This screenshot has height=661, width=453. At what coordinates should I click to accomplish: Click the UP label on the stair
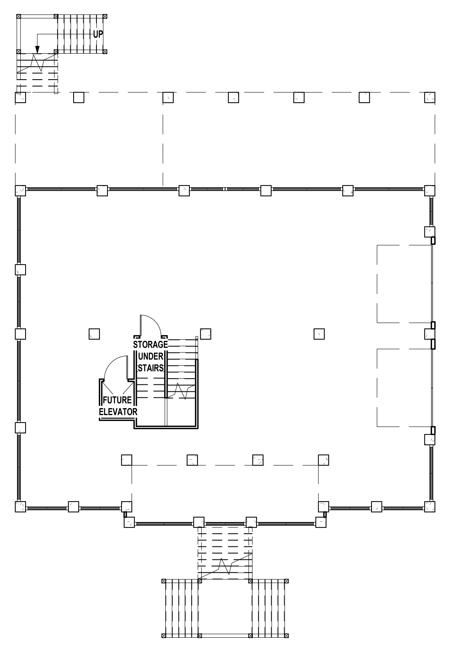pos(98,35)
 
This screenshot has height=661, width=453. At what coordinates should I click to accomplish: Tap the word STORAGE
pos(151,344)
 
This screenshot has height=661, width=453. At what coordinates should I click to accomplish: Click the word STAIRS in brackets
pos(151,368)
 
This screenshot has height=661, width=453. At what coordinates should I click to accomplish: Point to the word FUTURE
pos(117,400)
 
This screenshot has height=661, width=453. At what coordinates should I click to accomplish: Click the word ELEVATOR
pos(118,412)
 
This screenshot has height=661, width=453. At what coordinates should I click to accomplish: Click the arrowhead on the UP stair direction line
pos(37,50)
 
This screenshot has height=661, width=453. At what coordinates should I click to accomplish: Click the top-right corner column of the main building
pos(430,191)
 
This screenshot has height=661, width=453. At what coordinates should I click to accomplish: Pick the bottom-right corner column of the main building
pos(430,507)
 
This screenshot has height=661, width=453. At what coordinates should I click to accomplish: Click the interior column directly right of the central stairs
pos(206,334)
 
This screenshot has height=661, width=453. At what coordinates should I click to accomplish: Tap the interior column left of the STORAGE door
pos(94,334)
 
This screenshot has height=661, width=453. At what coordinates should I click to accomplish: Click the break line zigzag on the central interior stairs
pos(181,391)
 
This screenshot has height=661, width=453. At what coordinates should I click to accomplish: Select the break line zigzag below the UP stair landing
pos(37,63)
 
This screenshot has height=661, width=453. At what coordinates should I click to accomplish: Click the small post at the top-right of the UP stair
pos(105,16)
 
